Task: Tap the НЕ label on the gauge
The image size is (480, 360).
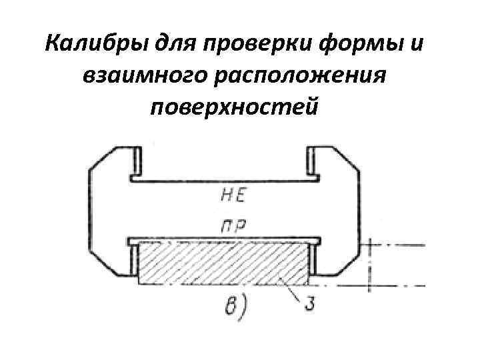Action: (x=232, y=196)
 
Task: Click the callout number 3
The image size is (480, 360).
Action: (x=309, y=305)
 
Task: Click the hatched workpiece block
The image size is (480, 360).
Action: (x=223, y=263)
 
